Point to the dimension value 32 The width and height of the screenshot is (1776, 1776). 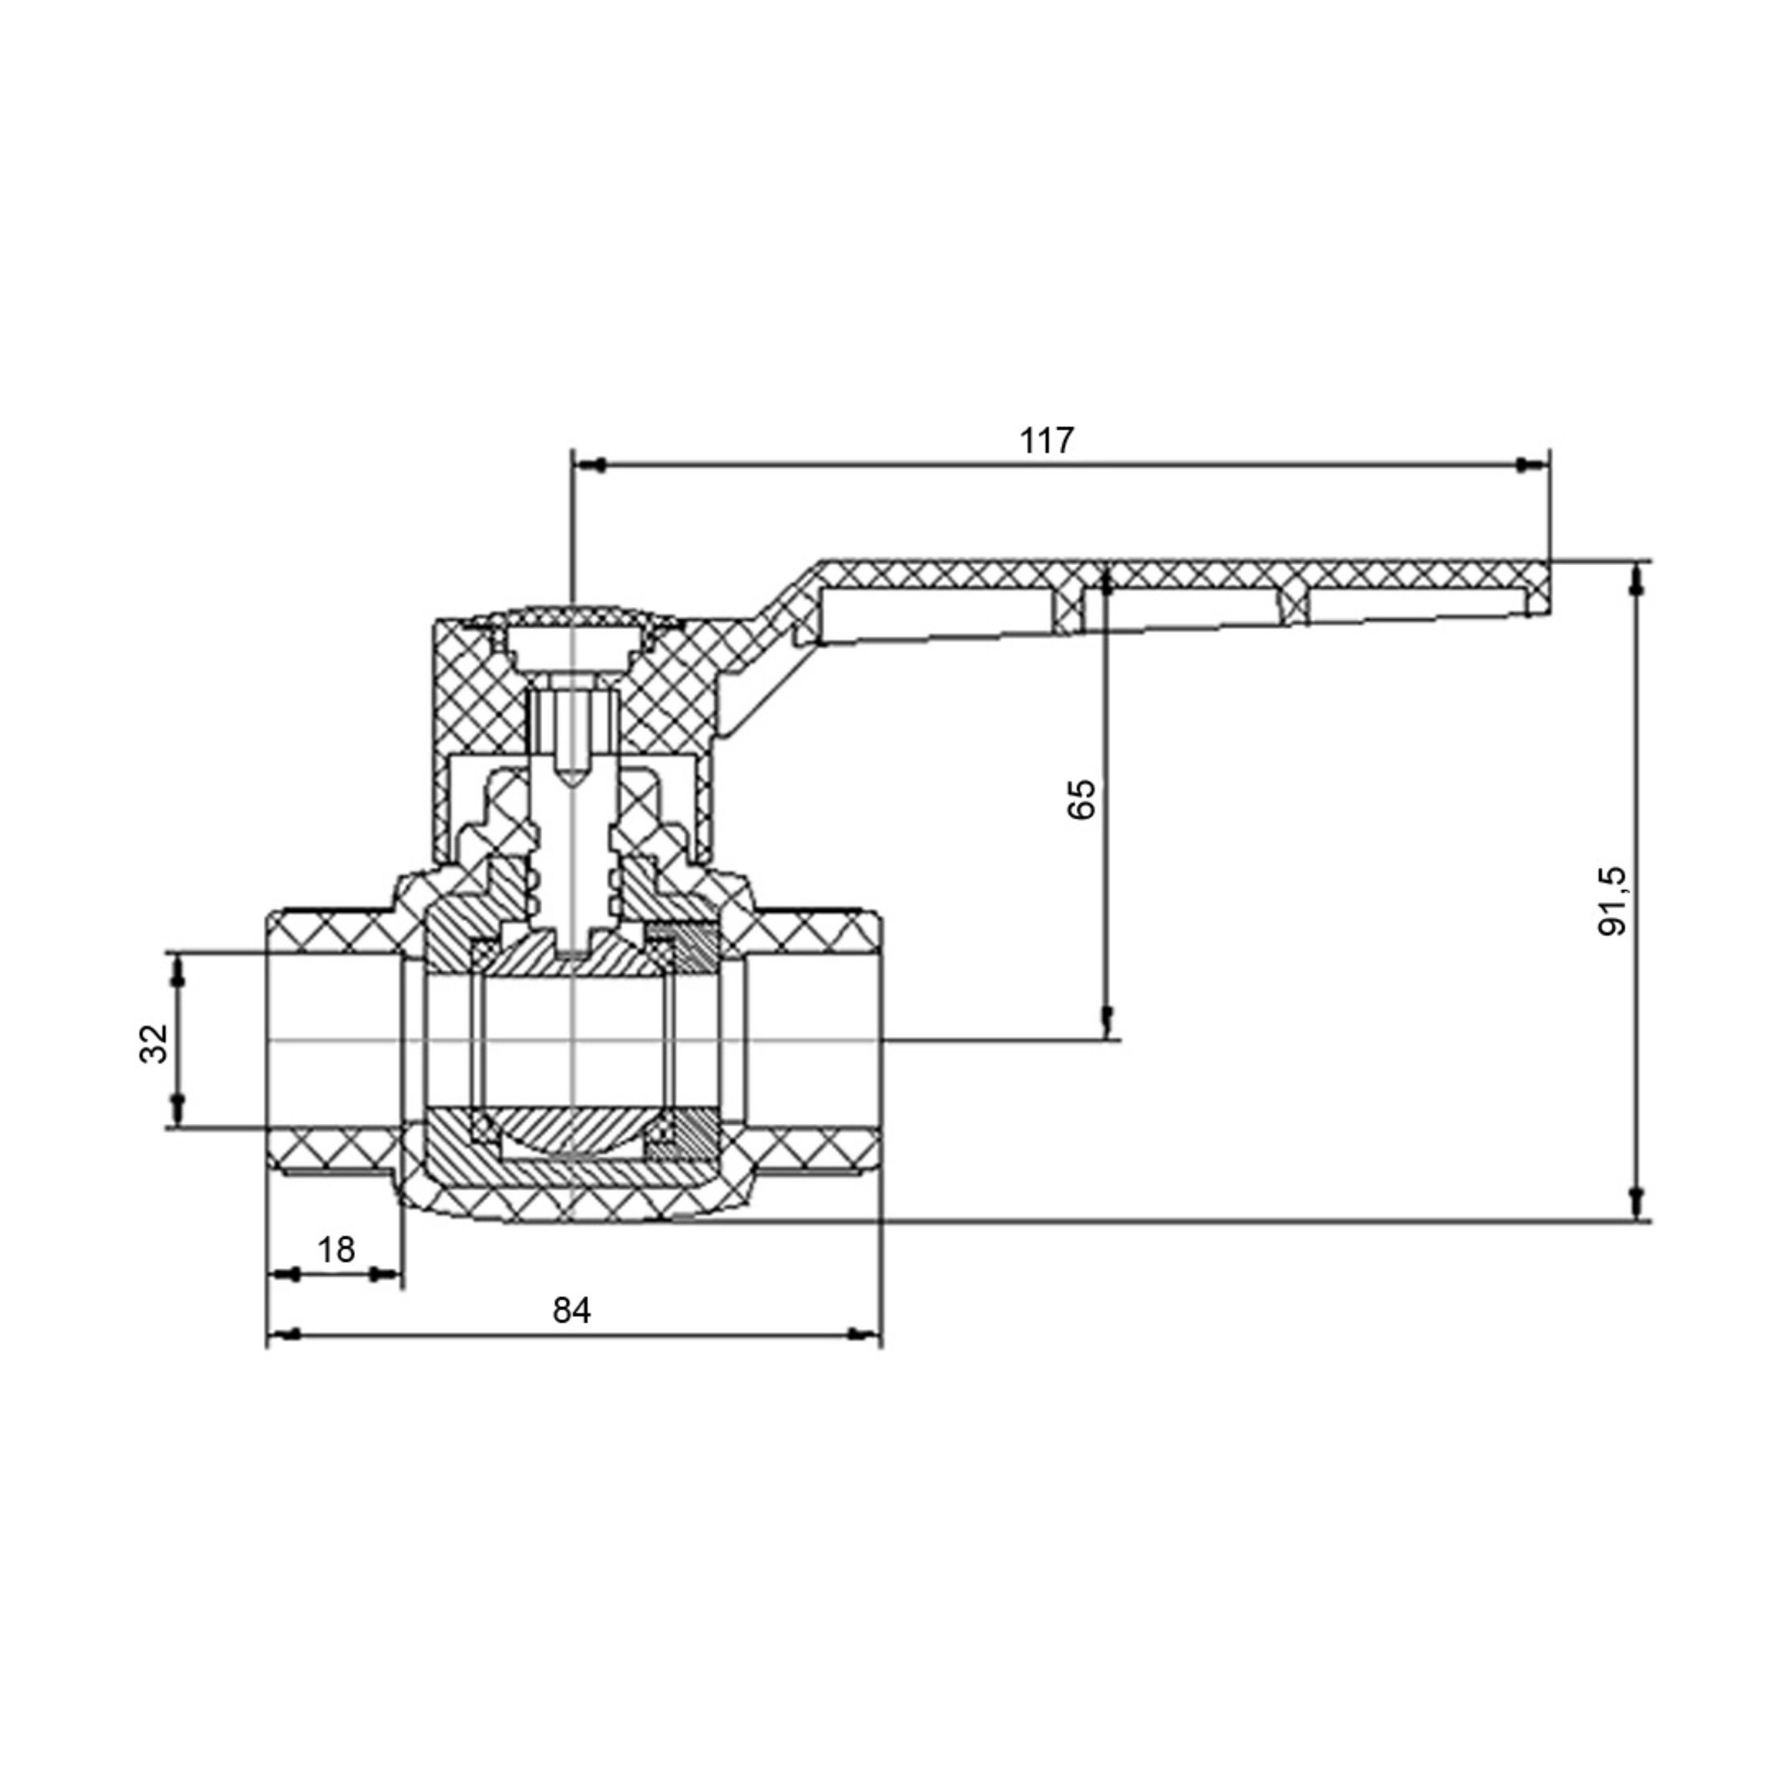coord(155,1043)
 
